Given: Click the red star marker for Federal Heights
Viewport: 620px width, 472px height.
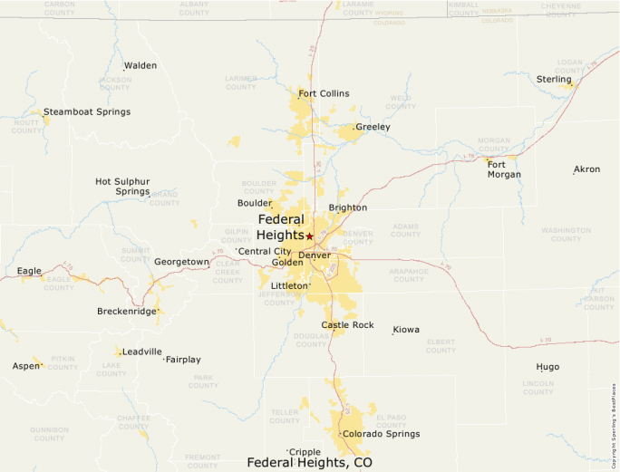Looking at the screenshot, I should [x=309, y=236].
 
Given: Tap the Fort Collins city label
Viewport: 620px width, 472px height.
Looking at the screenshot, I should [x=324, y=93].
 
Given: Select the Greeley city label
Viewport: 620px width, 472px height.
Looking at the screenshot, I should [x=373, y=127].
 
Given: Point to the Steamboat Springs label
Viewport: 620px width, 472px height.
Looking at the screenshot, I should [x=87, y=112].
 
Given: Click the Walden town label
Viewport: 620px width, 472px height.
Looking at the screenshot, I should [x=140, y=65].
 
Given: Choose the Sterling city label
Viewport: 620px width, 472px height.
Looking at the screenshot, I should [x=554, y=80].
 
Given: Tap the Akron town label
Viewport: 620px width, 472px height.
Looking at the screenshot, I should [x=587, y=169].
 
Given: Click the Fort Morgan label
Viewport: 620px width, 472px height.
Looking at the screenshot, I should [x=504, y=169].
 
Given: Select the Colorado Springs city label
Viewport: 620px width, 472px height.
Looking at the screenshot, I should [x=382, y=434].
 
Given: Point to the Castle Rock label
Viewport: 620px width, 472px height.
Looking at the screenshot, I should [x=347, y=324].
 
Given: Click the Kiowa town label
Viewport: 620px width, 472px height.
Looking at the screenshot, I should [x=406, y=330].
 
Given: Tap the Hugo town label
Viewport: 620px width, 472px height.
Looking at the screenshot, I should [x=547, y=367].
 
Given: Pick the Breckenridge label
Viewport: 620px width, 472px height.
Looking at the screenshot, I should [x=127, y=312].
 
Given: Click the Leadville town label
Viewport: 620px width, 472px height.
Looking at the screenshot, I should [x=142, y=352].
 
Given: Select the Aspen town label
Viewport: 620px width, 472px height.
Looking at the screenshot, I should [x=26, y=366].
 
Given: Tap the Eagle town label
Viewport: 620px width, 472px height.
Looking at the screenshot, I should [x=29, y=271].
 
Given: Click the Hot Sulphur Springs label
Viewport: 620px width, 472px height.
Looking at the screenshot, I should [x=122, y=187].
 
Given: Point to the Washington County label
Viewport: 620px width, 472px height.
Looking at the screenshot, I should [x=567, y=235].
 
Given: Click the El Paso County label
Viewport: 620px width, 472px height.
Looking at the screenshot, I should [x=392, y=421].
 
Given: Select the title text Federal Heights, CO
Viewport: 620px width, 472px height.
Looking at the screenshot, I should [x=309, y=462].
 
